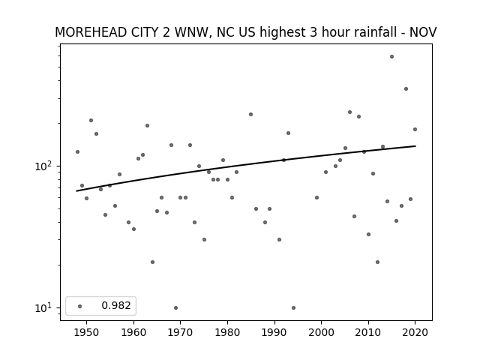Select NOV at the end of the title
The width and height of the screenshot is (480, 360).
[423, 32]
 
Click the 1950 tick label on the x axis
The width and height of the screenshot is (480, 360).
[86, 332]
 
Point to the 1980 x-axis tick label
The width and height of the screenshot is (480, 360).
[227, 332]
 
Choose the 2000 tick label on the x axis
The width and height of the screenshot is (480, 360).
[322, 332]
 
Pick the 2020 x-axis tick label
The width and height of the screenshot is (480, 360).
[415, 332]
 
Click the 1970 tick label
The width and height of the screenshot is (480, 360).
[180, 332]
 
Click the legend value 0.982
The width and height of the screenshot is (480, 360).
[116, 305]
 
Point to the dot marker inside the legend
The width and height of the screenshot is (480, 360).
[80, 306]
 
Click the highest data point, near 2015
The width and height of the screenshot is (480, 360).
[391, 57]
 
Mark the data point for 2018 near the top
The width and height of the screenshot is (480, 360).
[406, 88]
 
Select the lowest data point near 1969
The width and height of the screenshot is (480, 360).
[175, 307]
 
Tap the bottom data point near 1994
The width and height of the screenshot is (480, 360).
[293, 307]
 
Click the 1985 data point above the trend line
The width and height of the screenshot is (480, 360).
[250, 114]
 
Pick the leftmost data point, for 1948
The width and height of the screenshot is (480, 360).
[77, 151]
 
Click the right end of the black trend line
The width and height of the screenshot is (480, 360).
[415, 146]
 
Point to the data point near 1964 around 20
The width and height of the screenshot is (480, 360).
[152, 262]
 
